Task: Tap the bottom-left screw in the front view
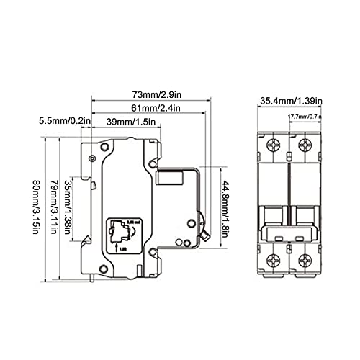(x=273, y=261)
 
